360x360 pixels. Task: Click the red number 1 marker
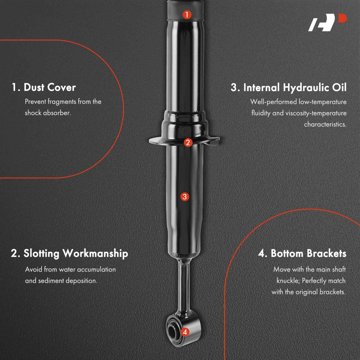[x=187, y=14]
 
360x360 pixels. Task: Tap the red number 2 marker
[x=188, y=142]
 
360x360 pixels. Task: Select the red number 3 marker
[x=185, y=196]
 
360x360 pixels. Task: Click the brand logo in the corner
[x=327, y=22]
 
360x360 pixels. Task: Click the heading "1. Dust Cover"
[x=44, y=87]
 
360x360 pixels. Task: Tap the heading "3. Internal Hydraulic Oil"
[x=289, y=88]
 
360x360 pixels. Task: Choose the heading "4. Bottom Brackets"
[x=302, y=253]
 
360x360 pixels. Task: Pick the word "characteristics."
[x=325, y=124]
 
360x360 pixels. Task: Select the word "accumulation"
[x=96, y=270]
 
